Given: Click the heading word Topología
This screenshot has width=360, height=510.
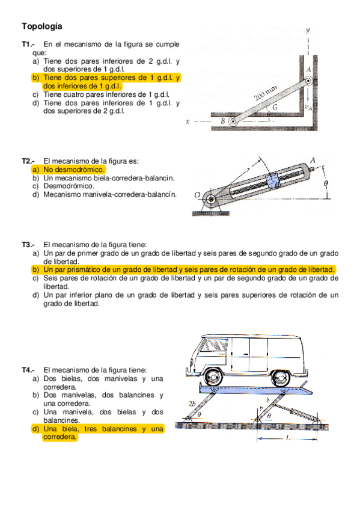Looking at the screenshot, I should coord(41,26).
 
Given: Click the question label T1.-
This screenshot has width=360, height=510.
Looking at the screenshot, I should coord(28,45).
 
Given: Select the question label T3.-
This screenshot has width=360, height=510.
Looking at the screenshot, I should coord(28,245).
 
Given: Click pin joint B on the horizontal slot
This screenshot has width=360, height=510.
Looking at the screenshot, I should coord(232,121).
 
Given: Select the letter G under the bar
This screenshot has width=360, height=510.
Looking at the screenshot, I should coord(275,107).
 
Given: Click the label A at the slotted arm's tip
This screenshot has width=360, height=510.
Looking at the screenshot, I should coord(313,160).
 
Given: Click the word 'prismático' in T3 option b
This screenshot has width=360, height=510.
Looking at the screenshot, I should coord(82,270).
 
